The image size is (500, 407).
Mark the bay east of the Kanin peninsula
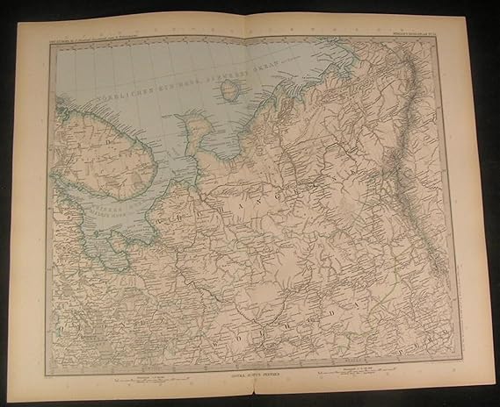point(221,140)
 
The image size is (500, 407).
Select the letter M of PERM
point(449,336)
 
